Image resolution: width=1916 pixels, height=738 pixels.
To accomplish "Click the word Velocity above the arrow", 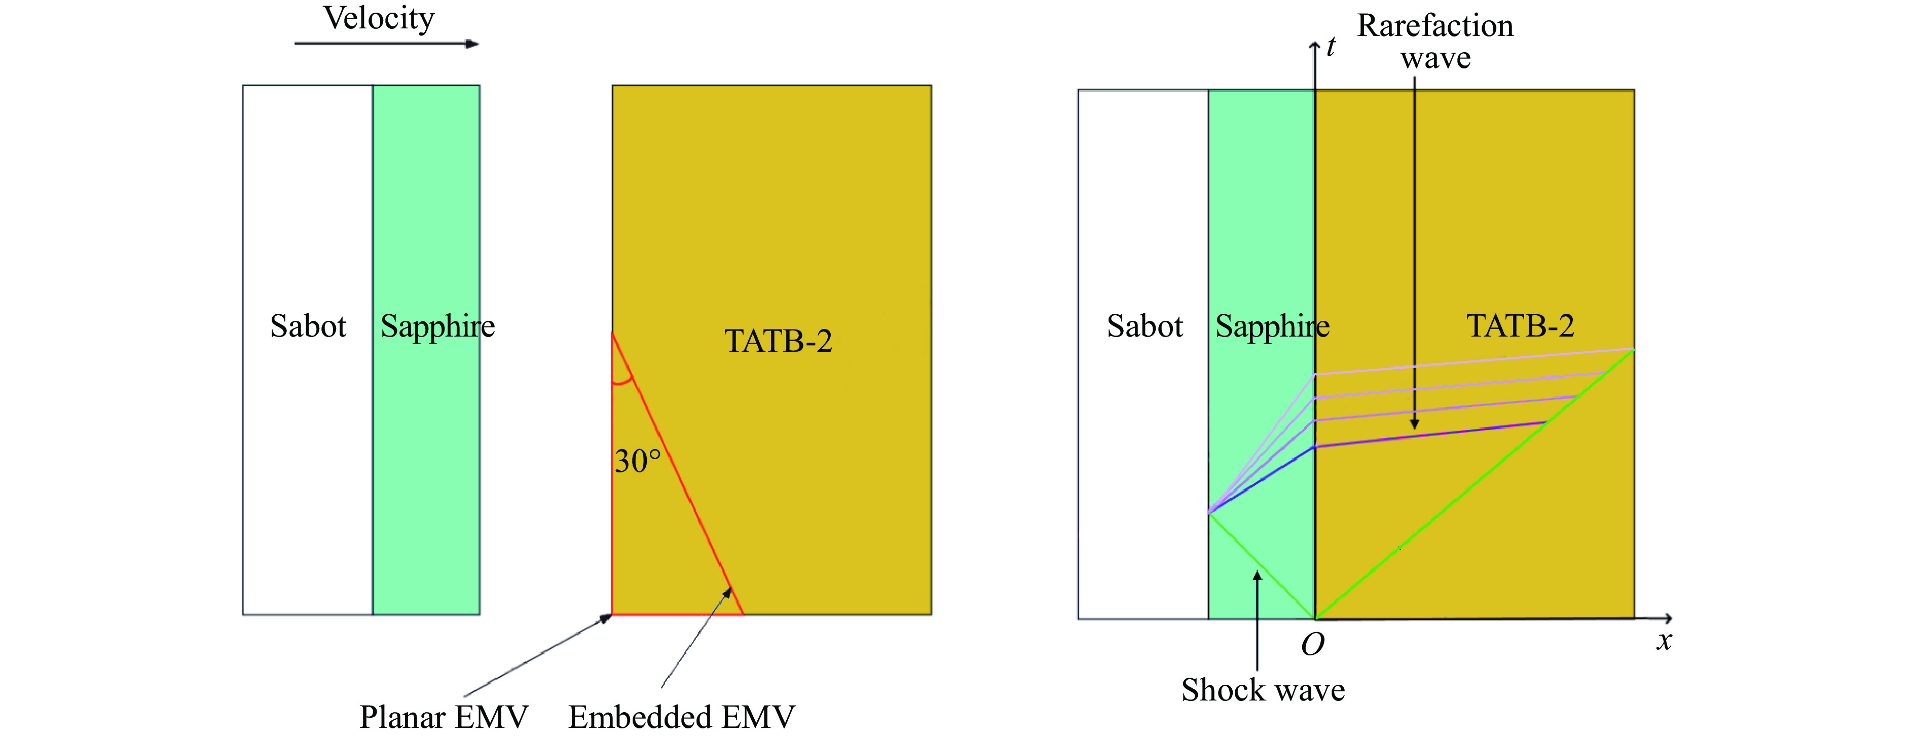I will coord(379,19).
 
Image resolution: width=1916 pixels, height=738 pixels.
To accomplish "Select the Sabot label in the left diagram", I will coord(308,326).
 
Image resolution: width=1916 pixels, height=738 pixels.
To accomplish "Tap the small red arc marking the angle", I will coord(622,382).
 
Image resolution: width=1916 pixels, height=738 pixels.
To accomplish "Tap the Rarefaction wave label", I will coord(1435,42).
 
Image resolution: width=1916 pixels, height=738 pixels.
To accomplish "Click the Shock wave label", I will coord(1263,690).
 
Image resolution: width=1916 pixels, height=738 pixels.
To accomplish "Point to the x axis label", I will coord(1665,641).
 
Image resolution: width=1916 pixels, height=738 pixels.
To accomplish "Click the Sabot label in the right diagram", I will coord(1145,326).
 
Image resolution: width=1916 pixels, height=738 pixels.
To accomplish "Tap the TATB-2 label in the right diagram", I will coord(1520,326).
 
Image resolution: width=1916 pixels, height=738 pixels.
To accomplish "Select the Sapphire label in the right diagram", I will coord(1272,326).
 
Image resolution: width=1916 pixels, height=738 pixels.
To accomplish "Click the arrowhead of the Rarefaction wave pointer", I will coord(1415,424).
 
